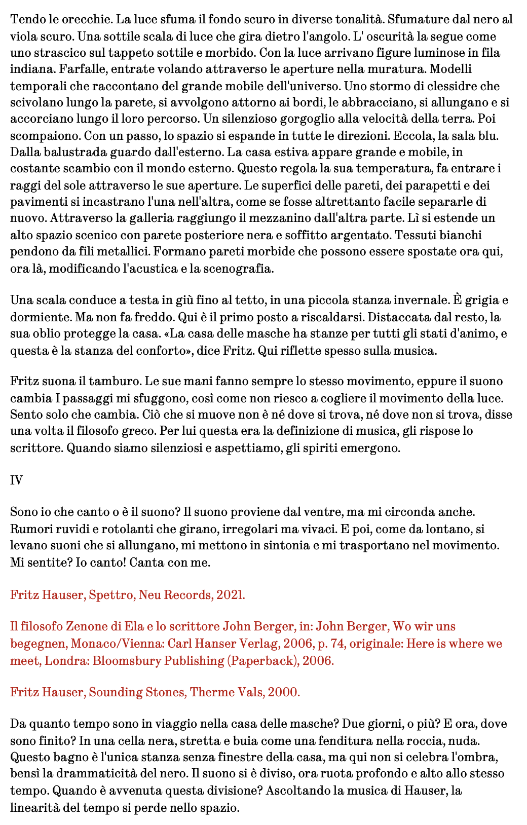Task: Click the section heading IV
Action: (16, 480)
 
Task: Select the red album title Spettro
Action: (110, 595)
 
